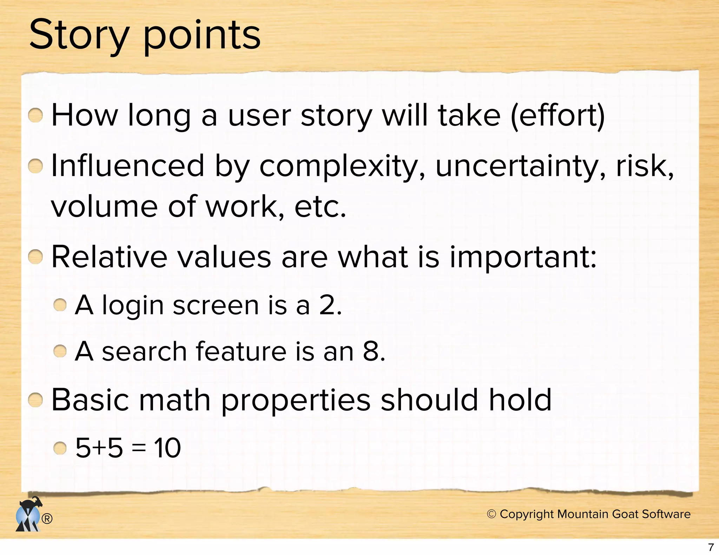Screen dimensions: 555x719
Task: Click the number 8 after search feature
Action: click(371, 351)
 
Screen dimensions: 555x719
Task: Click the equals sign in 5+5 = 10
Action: click(139, 449)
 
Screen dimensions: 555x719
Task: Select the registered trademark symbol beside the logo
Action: click(47, 519)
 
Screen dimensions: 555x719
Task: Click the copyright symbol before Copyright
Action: click(492, 514)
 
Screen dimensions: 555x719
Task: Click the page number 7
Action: click(711, 547)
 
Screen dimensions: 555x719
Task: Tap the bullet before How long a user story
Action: click(35, 115)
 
